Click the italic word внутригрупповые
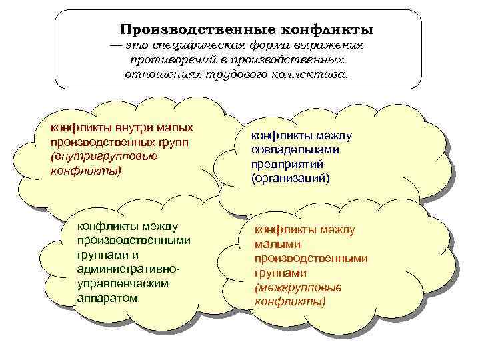(103, 157)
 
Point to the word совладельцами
(295, 150)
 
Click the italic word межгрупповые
(297, 287)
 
